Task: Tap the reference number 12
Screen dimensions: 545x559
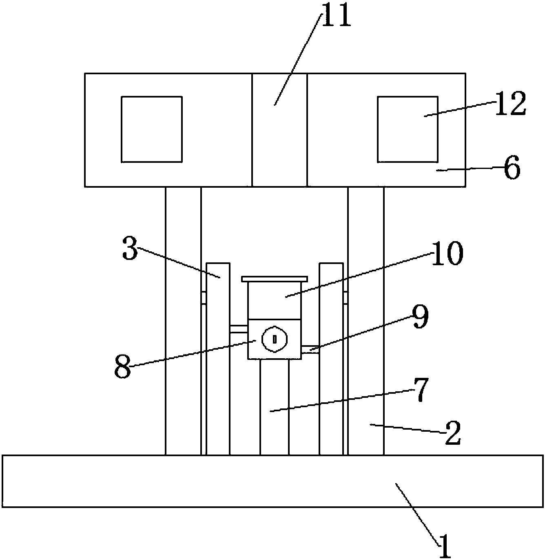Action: (x=511, y=104)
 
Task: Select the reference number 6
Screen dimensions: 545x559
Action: (x=512, y=167)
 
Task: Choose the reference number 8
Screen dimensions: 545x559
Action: (x=123, y=366)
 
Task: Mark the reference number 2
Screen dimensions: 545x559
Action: (x=453, y=433)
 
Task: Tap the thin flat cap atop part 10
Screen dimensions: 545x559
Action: (x=275, y=279)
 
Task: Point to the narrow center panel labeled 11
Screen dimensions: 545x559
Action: (x=279, y=130)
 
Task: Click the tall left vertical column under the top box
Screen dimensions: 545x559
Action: (x=183, y=321)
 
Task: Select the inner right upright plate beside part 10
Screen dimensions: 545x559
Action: (x=331, y=359)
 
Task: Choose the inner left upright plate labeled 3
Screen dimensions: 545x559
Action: (x=218, y=359)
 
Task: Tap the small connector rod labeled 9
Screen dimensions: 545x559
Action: (x=310, y=349)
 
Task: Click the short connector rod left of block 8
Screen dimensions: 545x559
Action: (x=239, y=329)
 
